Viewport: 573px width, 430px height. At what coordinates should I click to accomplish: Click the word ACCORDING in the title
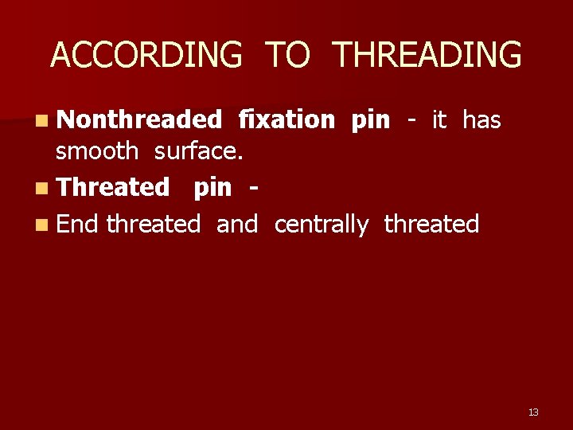pyautogui.click(x=146, y=55)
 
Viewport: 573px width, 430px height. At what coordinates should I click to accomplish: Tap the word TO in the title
pyautogui.click(x=287, y=55)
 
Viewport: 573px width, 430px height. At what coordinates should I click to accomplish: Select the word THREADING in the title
pyautogui.click(x=427, y=55)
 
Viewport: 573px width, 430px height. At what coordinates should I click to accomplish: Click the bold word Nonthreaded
pyautogui.click(x=139, y=119)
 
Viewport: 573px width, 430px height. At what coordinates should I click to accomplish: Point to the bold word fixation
pyautogui.click(x=287, y=119)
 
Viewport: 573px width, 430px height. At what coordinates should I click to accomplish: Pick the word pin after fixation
pyautogui.click(x=371, y=121)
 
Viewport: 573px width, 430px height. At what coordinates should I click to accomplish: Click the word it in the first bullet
pyautogui.click(x=439, y=119)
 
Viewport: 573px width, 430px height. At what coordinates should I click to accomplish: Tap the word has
pyautogui.click(x=481, y=119)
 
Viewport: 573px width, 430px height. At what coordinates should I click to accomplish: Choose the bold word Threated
pyautogui.click(x=114, y=187)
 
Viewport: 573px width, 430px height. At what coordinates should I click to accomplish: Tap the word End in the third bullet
pyautogui.click(x=77, y=224)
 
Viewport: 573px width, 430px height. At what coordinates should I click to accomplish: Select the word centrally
pyautogui.click(x=322, y=225)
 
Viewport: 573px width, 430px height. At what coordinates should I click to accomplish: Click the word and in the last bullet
pyautogui.click(x=237, y=224)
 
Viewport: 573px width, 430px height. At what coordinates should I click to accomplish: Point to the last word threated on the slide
pyautogui.click(x=431, y=224)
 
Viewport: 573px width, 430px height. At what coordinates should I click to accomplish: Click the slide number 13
pyautogui.click(x=533, y=412)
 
